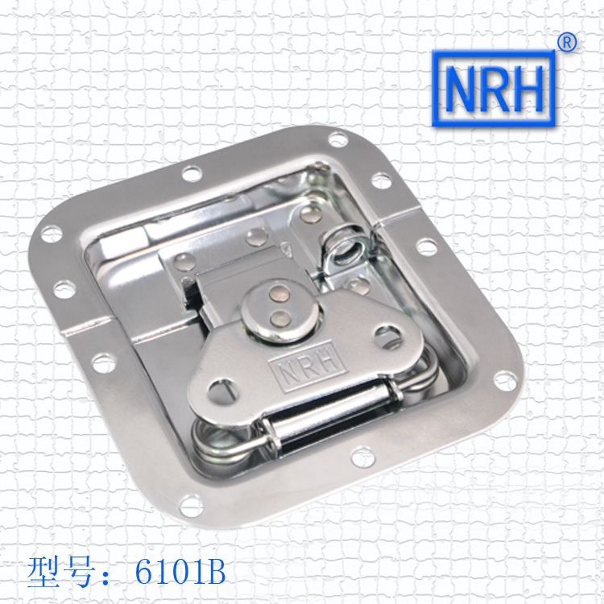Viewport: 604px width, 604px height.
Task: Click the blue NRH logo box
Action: click(x=494, y=89)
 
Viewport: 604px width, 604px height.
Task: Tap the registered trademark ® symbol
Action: click(x=567, y=43)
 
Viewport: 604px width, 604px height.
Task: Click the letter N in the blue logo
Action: click(x=460, y=89)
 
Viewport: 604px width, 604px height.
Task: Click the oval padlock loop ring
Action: click(x=345, y=247)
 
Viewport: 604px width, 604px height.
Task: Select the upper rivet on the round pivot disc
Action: click(x=279, y=294)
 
